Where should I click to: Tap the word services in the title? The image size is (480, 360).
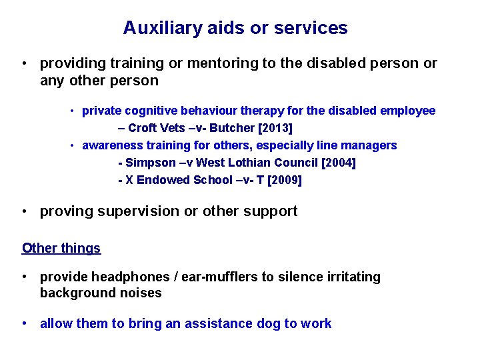click(x=311, y=28)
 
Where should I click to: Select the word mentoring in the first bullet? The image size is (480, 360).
click(x=221, y=63)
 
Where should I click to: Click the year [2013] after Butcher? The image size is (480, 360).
click(x=275, y=128)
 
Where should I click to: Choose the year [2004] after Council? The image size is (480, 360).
click(x=339, y=163)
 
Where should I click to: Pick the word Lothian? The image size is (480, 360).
click(x=261, y=163)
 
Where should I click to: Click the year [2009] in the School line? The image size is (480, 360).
click(x=284, y=180)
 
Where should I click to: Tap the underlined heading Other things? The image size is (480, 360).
click(x=61, y=249)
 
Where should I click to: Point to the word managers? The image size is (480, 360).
click(x=369, y=145)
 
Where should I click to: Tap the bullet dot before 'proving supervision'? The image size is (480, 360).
click(x=24, y=211)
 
